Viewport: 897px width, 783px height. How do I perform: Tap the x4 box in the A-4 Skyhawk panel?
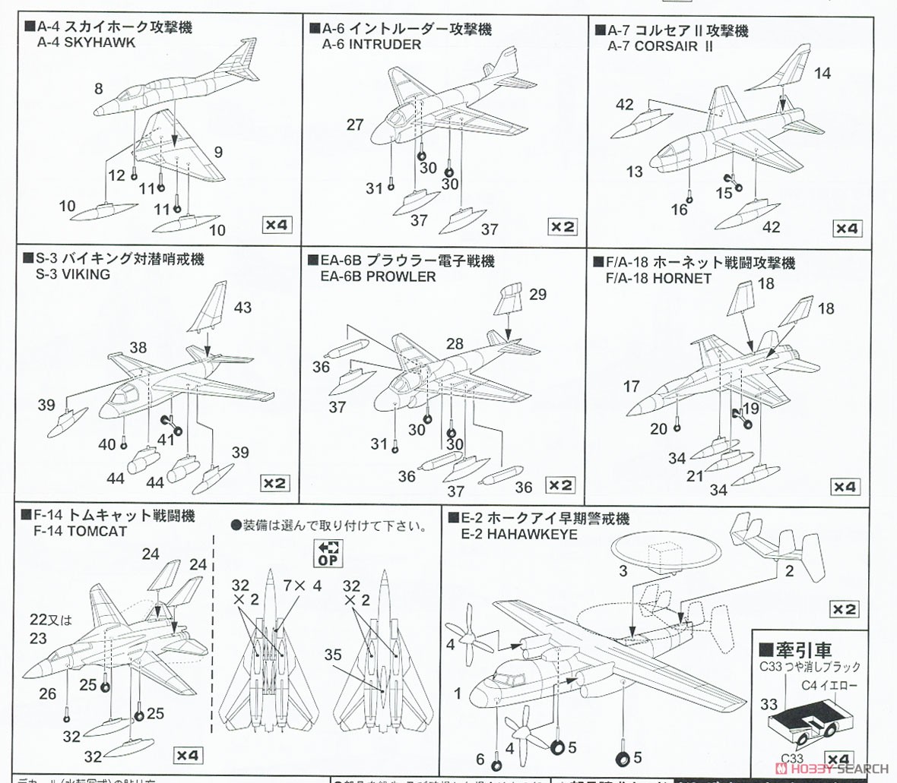coord(277,225)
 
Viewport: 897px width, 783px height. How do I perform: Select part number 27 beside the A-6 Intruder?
coord(355,125)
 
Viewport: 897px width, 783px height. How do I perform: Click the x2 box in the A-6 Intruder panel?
coord(563,226)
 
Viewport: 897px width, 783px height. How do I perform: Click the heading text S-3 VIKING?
coord(73,274)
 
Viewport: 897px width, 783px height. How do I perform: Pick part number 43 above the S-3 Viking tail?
coord(242,308)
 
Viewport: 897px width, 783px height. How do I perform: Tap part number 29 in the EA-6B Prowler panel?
coord(537,295)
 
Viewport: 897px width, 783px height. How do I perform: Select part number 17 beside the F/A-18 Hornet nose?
coord(631,387)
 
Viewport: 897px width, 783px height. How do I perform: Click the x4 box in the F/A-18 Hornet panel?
coord(845,487)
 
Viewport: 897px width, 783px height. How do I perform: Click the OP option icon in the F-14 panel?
coord(329,554)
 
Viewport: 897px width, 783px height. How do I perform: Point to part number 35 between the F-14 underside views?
coord(332,655)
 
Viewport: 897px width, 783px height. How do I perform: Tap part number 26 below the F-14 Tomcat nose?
coord(48,693)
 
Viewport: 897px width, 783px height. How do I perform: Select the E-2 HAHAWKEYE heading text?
coord(518,534)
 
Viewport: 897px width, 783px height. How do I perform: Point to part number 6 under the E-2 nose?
coord(480,759)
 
